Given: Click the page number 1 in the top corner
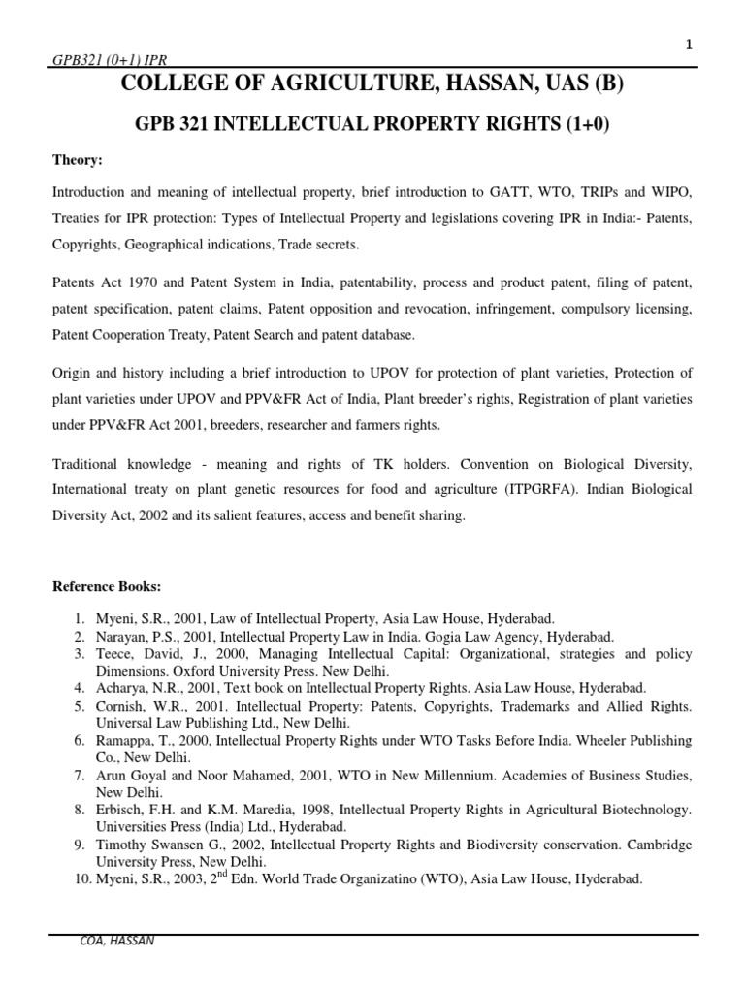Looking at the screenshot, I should coord(689,45).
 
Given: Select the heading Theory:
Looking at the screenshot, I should coord(78,159).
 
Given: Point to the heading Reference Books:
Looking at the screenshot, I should coord(107,588).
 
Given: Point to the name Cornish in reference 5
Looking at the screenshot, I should coord(119,706).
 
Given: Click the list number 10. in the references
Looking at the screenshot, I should coord(77,878).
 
